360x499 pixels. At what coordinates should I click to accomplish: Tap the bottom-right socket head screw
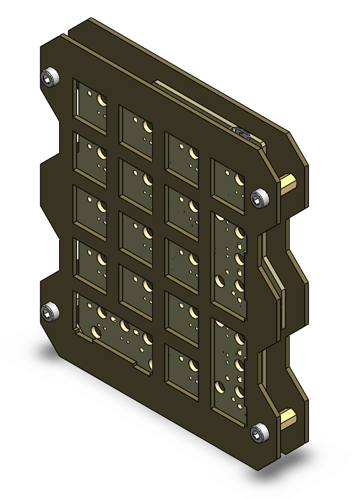[259, 432]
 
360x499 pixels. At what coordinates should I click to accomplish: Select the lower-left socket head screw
[49, 312]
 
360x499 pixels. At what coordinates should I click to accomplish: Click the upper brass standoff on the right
[288, 183]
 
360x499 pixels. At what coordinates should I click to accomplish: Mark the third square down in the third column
[182, 265]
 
